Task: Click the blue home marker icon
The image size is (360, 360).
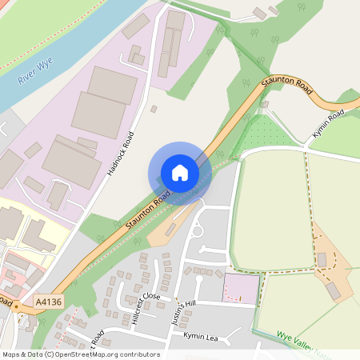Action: pyautogui.click(x=180, y=173)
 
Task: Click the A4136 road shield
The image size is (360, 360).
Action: pyautogui.click(x=47, y=302)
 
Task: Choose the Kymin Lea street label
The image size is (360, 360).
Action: pyautogui.click(x=200, y=336)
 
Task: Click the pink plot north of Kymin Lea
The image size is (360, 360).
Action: pyautogui.click(x=241, y=288)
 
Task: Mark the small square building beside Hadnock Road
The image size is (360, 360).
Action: pyautogui.click(x=154, y=109)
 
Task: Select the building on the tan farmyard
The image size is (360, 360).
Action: pyautogui.click(x=322, y=260)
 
